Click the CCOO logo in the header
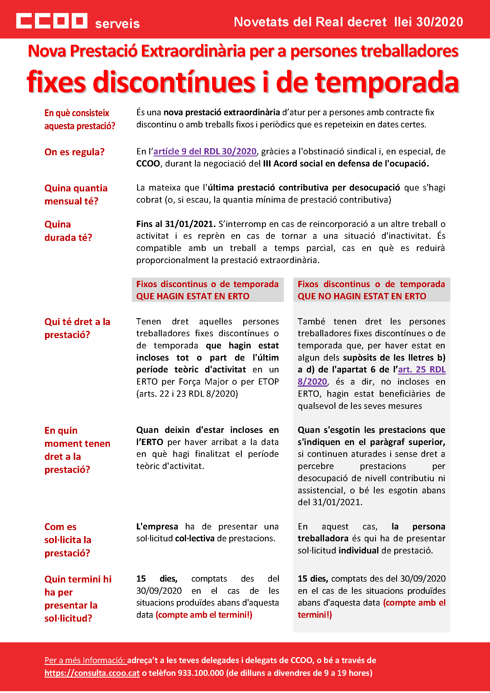[x=52, y=21]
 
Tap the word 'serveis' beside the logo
[x=117, y=24]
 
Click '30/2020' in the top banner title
[x=439, y=22]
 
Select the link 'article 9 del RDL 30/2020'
[x=205, y=151]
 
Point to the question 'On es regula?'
[x=74, y=152]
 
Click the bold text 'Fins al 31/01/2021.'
[x=176, y=224]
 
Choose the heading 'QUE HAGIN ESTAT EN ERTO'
[x=193, y=296]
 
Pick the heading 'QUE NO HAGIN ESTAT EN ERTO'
[x=362, y=296]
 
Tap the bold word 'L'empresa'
[x=157, y=527]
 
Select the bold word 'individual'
[x=358, y=551]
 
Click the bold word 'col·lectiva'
[x=195, y=539]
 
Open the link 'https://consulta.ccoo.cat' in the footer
[x=92, y=673]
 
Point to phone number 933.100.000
[x=201, y=673]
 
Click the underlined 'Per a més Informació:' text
[x=85, y=660]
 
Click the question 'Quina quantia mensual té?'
[x=76, y=195]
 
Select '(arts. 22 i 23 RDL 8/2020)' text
[x=187, y=394]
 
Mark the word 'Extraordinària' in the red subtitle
[x=193, y=51]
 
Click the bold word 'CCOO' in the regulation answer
[x=148, y=164]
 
